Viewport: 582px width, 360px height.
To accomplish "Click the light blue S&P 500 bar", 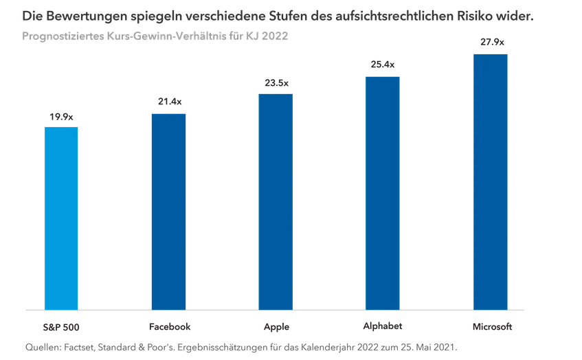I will [61, 218].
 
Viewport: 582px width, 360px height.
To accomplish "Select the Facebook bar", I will [168, 212].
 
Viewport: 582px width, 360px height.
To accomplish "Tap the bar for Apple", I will [276, 202].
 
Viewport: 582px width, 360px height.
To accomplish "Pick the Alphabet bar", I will [382, 193].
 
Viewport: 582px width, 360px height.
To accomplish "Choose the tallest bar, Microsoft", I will [491, 182].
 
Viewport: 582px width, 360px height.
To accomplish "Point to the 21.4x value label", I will [169, 102].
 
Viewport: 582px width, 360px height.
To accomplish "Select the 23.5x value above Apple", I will [277, 83].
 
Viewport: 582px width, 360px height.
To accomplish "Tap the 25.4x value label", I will [383, 65].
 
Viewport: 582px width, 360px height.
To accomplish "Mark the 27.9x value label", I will [491, 42].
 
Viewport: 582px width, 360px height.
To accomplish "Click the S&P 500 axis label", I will [61, 327].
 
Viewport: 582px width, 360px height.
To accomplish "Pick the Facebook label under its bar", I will [169, 327].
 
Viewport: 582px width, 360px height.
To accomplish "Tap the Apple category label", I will [276, 327].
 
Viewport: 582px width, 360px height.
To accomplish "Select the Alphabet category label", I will [382, 326].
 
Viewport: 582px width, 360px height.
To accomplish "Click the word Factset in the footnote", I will [85, 348].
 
